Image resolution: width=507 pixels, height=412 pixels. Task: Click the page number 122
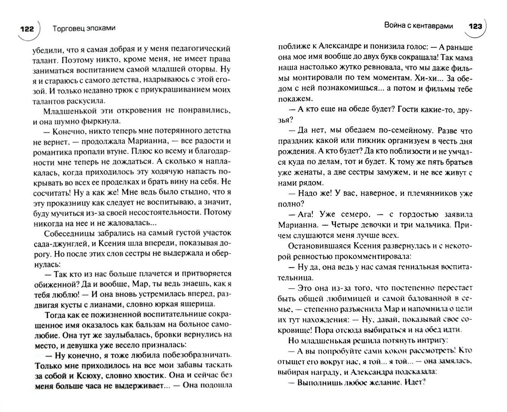(x=27, y=29)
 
